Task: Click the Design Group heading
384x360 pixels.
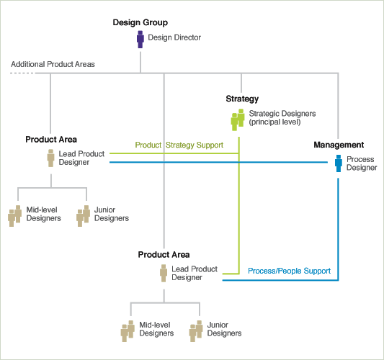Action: coord(140,22)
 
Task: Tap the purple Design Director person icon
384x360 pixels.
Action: coord(140,39)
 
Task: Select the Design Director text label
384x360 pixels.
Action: coord(174,37)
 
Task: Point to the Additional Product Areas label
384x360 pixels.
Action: coord(53,64)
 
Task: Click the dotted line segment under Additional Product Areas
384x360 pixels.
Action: coord(22,73)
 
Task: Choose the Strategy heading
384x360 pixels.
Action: coord(242,99)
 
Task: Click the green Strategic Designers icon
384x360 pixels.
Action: coord(238,120)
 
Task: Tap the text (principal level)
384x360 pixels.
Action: coord(274,122)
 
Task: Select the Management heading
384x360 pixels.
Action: coord(339,145)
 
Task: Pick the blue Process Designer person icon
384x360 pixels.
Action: coord(339,163)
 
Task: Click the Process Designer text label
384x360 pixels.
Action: coord(362,163)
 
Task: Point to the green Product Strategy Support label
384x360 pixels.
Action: coord(179,145)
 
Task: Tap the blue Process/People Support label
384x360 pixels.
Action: coord(289,271)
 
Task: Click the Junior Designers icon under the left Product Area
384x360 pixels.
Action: coord(84,216)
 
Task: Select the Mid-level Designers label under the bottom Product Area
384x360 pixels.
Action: coord(156,329)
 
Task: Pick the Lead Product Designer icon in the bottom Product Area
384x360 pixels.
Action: coord(164,273)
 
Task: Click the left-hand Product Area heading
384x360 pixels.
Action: coord(51,140)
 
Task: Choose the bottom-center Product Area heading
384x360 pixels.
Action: coord(164,255)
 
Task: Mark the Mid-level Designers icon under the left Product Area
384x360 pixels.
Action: coord(15,216)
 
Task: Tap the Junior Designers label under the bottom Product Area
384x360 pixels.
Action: coord(224,329)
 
